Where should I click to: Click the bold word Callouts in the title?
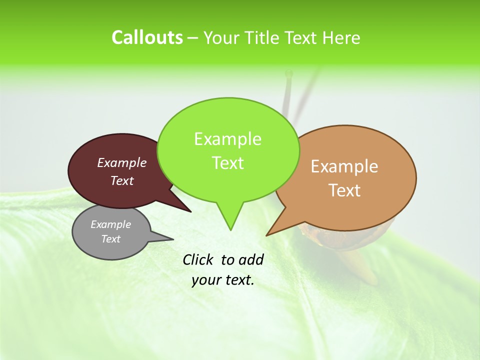pyautogui.click(x=147, y=37)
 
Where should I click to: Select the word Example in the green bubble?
pyautogui.click(x=227, y=139)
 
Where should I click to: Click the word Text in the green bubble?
pyautogui.click(x=228, y=163)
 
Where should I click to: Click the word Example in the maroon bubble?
pyautogui.click(x=122, y=163)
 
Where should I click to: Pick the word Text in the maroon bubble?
pyautogui.click(x=122, y=181)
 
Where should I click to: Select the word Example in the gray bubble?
pyautogui.click(x=111, y=224)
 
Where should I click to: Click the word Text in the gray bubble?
pyautogui.click(x=111, y=239)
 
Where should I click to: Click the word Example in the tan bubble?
pyautogui.click(x=344, y=166)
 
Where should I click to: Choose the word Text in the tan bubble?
pyautogui.click(x=345, y=190)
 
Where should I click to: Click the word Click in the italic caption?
pyautogui.click(x=199, y=259)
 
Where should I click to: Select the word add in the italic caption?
pyautogui.click(x=250, y=259)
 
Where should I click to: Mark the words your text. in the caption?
pyautogui.click(x=223, y=280)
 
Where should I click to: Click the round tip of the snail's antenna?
pyautogui.click(x=288, y=74)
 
